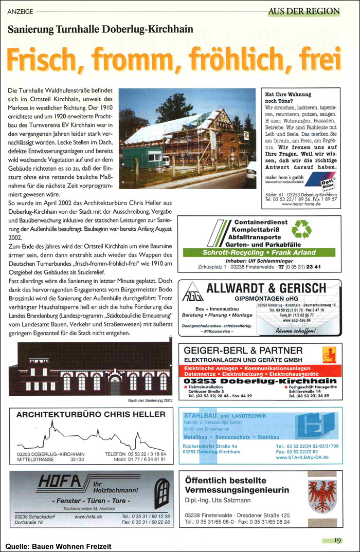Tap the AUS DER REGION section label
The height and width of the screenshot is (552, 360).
(x=304, y=11)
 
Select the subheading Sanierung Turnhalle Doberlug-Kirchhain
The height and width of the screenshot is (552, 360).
(x=100, y=29)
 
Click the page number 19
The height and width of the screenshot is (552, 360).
(x=337, y=540)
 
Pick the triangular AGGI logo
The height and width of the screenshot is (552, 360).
(x=190, y=294)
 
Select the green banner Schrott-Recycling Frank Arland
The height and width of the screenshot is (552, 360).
(x=260, y=253)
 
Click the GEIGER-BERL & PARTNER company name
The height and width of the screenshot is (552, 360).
(x=243, y=350)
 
